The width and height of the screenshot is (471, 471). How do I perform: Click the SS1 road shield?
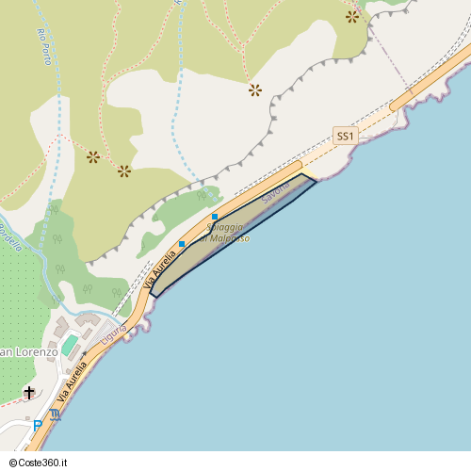click(x=346, y=137)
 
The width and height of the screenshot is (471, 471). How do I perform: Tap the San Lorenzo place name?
click(x=28, y=351)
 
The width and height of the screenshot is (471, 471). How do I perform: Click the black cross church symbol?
click(x=29, y=392)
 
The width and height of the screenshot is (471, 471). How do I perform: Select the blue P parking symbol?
click(x=38, y=426)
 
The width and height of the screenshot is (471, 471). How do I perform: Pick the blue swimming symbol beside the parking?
click(x=55, y=414)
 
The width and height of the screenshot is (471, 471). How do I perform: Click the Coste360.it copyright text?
click(x=41, y=463)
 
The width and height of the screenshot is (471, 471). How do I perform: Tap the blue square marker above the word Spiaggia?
click(x=215, y=218)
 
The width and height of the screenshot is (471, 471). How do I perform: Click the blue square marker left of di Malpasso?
click(x=182, y=244)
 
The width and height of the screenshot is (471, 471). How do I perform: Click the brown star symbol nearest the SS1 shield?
click(x=254, y=90)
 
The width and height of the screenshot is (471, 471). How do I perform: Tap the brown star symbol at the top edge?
click(x=352, y=16)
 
